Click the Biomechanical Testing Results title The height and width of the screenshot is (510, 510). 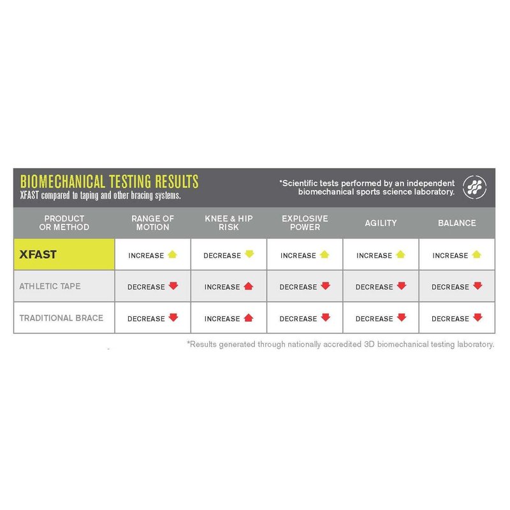coord(109,181)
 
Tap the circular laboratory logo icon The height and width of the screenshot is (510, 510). coord(474,187)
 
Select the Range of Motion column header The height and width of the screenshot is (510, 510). coord(152,223)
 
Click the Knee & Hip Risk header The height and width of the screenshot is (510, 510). coord(228,223)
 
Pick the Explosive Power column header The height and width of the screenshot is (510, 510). coord(305,223)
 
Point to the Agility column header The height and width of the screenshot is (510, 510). coord(381,223)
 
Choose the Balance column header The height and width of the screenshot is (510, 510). coord(456,223)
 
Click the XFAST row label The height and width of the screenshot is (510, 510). coord(38,254)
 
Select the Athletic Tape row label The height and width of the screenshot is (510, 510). coord(50,286)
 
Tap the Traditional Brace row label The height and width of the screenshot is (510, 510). coord(61,317)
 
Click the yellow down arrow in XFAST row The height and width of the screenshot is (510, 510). coord(249,254)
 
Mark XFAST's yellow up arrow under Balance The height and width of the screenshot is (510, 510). coord(476,254)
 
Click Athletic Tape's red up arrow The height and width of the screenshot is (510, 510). coord(249,286)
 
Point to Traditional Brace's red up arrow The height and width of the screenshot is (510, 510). coord(249,317)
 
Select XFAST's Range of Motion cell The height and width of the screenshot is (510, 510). coord(152,255)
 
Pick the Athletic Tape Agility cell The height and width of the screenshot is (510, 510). coord(381,286)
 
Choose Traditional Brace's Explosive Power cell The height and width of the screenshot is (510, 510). coord(305,317)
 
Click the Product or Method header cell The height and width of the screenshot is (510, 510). coord(64,223)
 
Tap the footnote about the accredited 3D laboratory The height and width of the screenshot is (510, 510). coord(340,344)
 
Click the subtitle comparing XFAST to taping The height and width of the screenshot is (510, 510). coord(100,195)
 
